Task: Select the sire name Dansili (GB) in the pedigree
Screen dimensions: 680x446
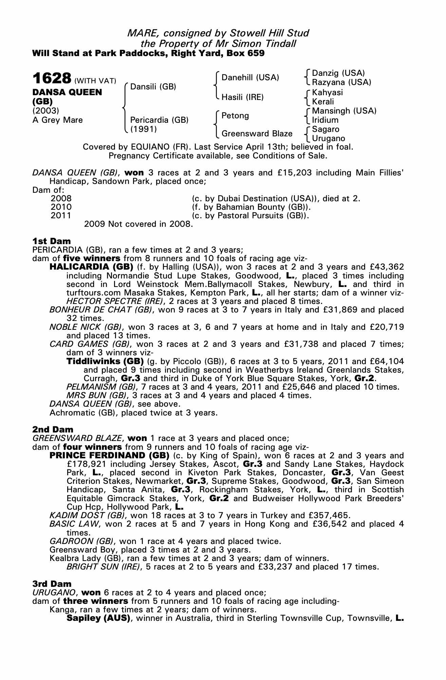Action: pyautogui.click(x=153, y=87)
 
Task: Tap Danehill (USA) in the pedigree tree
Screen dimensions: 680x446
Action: pyautogui.click(x=250, y=78)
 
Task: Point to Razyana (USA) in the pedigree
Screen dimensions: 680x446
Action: pyautogui.click(x=341, y=82)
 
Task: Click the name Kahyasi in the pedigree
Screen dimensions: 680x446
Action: pyautogui.click(x=327, y=92)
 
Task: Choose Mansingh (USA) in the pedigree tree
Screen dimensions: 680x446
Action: pyautogui.click(x=344, y=111)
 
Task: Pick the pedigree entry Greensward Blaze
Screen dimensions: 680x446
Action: pyautogui.click(x=257, y=134)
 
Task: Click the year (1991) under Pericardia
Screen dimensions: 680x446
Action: pyautogui.click(x=144, y=129)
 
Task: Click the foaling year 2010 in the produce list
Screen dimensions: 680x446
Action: pyautogui.click(x=61, y=207)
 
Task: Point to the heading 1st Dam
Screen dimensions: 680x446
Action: pyautogui.click(x=52, y=241)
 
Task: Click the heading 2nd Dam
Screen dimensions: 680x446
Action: pyautogui.click(x=53, y=429)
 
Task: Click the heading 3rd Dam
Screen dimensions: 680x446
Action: pyautogui.click(x=52, y=584)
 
